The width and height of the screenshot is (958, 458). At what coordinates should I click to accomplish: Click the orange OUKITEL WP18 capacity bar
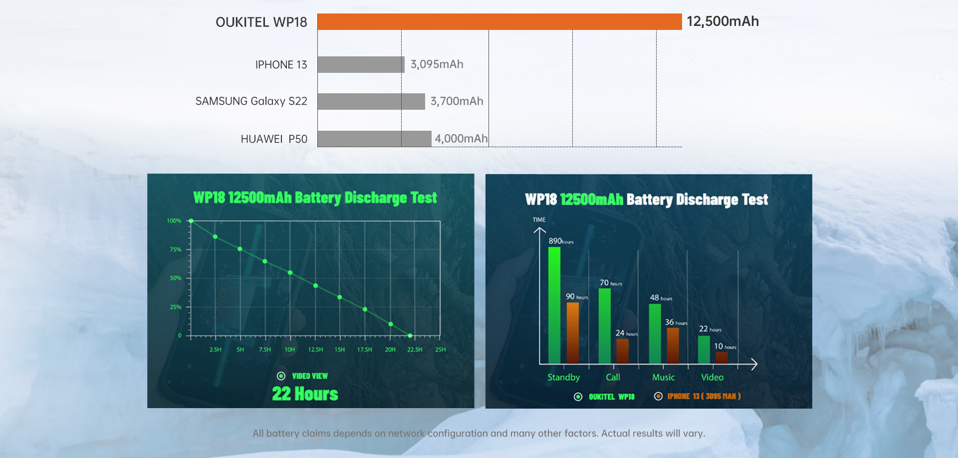[499, 22]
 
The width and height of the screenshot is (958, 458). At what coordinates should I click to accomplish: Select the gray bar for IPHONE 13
[360, 64]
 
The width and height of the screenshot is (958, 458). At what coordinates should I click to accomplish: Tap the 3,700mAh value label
[457, 101]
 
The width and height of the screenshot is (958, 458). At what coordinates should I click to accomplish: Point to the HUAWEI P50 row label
[274, 139]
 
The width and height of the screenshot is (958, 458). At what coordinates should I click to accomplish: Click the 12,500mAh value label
[722, 21]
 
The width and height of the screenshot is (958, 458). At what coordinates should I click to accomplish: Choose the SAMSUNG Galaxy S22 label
[251, 101]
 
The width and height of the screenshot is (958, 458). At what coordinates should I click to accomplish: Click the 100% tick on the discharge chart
[174, 221]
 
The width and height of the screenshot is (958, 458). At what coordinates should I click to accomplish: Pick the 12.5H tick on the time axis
[315, 350]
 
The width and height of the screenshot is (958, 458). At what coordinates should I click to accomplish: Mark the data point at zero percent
[410, 336]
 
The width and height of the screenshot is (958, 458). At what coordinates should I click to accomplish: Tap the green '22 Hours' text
[305, 394]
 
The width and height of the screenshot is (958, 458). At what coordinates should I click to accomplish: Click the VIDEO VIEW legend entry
[303, 376]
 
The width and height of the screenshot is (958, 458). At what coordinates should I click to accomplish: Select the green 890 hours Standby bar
[554, 304]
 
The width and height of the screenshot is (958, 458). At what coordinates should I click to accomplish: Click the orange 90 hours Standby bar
[572, 332]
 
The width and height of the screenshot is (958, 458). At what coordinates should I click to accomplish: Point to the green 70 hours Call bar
[604, 325]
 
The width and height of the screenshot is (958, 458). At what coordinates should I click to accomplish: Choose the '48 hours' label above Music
[661, 298]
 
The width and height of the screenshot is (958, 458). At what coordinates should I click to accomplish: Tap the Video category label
[712, 378]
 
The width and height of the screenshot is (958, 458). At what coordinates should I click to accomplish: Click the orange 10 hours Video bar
[721, 358]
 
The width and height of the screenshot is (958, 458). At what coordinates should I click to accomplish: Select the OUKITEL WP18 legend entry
[604, 397]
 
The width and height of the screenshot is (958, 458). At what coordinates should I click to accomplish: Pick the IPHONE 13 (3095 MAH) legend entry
[698, 397]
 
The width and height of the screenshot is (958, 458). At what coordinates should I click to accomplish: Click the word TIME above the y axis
[539, 220]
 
